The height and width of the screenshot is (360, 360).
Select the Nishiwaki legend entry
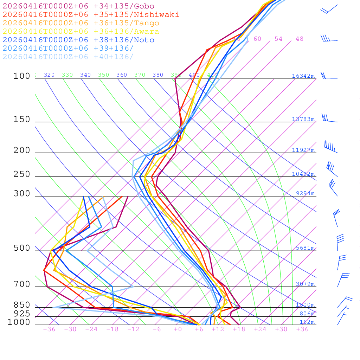tap(91, 14)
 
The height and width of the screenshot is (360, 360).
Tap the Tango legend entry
tap(81, 23)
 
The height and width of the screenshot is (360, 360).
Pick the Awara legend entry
tap(81, 32)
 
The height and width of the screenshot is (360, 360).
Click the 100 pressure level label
tap(22, 76)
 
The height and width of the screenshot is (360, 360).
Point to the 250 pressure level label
tap(22, 174)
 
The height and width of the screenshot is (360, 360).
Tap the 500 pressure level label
tap(22, 248)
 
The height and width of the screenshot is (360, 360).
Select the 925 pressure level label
tap(22, 313)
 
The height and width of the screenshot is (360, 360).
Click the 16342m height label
tap(303, 76)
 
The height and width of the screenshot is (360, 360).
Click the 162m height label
tap(307, 322)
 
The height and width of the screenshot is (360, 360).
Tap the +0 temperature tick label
tap(178, 329)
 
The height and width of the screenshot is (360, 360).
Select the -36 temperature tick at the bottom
tap(49, 329)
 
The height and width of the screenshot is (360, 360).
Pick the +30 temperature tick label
tap(281, 329)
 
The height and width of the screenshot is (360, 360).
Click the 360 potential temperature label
tap(121, 75)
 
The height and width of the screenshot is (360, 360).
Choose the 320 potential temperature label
tap(49, 75)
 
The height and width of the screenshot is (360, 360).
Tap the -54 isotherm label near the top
tap(276, 39)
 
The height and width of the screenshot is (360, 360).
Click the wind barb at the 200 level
tap(331, 147)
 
